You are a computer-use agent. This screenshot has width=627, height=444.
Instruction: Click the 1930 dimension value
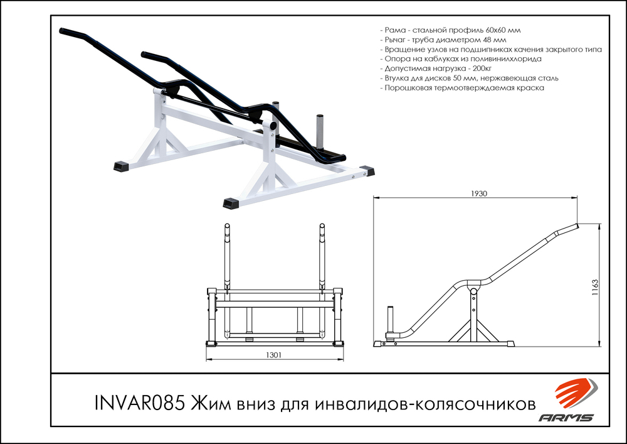pyautogui.click(x=478, y=193)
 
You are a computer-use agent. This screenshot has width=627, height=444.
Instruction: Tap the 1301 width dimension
pyautogui.click(x=273, y=355)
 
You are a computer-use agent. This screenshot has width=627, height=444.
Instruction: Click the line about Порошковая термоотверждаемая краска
pyautogui.click(x=462, y=88)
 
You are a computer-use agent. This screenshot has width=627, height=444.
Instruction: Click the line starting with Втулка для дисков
pyautogui.click(x=469, y=78)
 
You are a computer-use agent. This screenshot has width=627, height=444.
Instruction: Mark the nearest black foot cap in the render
pyautogui.click(x=231, y=203)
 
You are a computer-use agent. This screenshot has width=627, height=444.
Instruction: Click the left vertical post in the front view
pyautogui.click(x=226, y=251)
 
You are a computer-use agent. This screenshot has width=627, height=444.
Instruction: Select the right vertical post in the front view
pyautogui.click(x=322, y=251)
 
